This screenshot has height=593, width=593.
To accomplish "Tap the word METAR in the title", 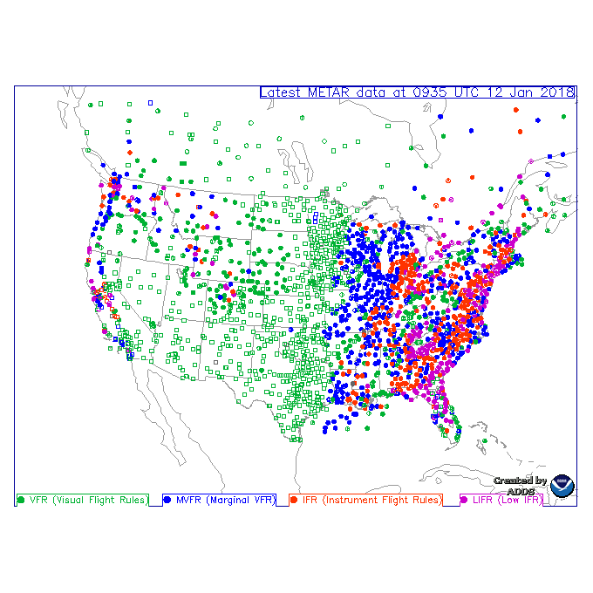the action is tap(331, 92).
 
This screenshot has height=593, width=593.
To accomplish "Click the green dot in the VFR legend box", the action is tap(21, 500).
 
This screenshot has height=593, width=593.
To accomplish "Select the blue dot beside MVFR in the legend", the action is tap(167, 500).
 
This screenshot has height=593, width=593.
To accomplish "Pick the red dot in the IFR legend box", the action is tap(294, 500).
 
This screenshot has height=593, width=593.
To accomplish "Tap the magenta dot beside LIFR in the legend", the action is tap(464, 500).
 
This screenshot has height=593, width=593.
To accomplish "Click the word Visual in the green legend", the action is tap(73, 500).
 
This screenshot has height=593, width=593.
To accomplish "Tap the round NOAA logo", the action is tap(562, 487).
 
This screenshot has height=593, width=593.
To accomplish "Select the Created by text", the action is tap(520, 481).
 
